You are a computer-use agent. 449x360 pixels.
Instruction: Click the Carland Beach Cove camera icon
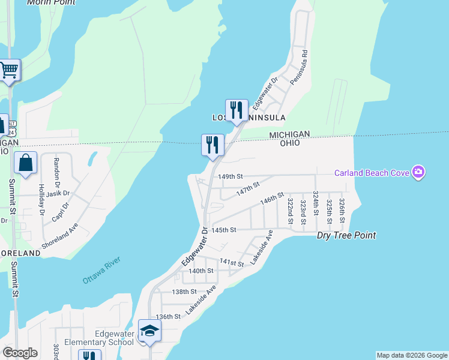click(x=418, y=173)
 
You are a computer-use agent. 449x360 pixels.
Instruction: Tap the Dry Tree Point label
click(x=346, y=235)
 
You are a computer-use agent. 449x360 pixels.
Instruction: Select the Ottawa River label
click(x=101, y=270)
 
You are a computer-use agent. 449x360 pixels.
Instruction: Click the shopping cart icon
click(x=9, y=70)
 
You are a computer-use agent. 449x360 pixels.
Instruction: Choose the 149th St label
click(x=231, y=177)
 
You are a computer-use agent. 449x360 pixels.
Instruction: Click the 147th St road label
click(x=247, y=190)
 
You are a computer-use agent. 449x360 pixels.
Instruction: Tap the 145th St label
click(x=224, y=230)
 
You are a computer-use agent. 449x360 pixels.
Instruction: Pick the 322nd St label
click(x=290, y=211)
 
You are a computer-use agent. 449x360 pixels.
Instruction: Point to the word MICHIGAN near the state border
click(x=289, y=134)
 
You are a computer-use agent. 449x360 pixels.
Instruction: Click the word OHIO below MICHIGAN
click(x=289, y=143)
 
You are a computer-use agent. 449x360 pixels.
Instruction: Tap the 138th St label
click(x=184, y=292)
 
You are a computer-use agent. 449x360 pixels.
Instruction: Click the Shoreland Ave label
click(x=60, y=236)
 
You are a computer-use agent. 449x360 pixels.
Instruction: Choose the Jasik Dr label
click(x=58, y=193)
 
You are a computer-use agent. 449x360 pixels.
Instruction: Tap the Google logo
click(x=20, y=353)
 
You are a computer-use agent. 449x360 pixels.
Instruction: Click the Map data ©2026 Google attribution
click(x=412, y=355)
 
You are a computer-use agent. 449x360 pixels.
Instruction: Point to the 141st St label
click(x=232, y=263)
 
